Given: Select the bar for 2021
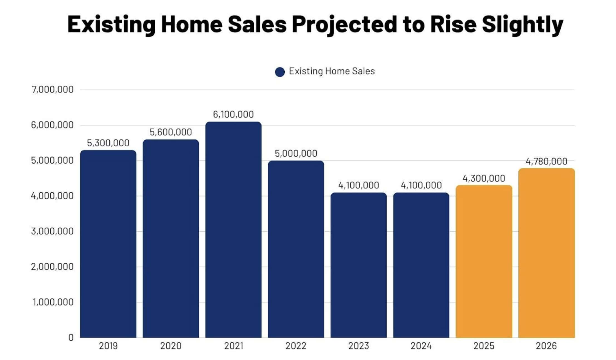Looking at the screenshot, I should (x=233, y=230).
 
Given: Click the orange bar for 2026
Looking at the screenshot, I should (x=546, y=253).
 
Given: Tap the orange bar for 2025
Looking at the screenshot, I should (x=484, y=262).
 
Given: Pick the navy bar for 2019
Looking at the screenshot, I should (x=108, y=244).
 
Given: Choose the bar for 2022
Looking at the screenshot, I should (x=296, y=249).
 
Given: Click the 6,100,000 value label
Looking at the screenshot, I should (x=233, y=114).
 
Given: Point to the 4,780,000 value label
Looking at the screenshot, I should (x=546, y=161).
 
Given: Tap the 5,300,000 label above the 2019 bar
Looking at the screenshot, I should (x=108, y=143).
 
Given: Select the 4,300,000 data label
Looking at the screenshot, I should (x=484, y=178).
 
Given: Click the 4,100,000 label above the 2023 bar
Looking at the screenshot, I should (x=359, y=185).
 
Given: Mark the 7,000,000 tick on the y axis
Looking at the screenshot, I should (x=53, y=90).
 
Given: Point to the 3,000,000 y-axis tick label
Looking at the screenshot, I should (x=53, y=231).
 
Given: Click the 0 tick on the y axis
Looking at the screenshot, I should (x=71, y=337).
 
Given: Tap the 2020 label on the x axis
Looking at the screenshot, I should (x=171, y=346).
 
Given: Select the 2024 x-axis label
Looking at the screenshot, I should (x=421, y=346).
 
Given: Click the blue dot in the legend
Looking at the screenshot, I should (x=280, y=72).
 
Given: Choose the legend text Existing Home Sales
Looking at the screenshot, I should (x=332, y=71).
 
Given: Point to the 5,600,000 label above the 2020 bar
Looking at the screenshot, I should (x=171, y=132).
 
